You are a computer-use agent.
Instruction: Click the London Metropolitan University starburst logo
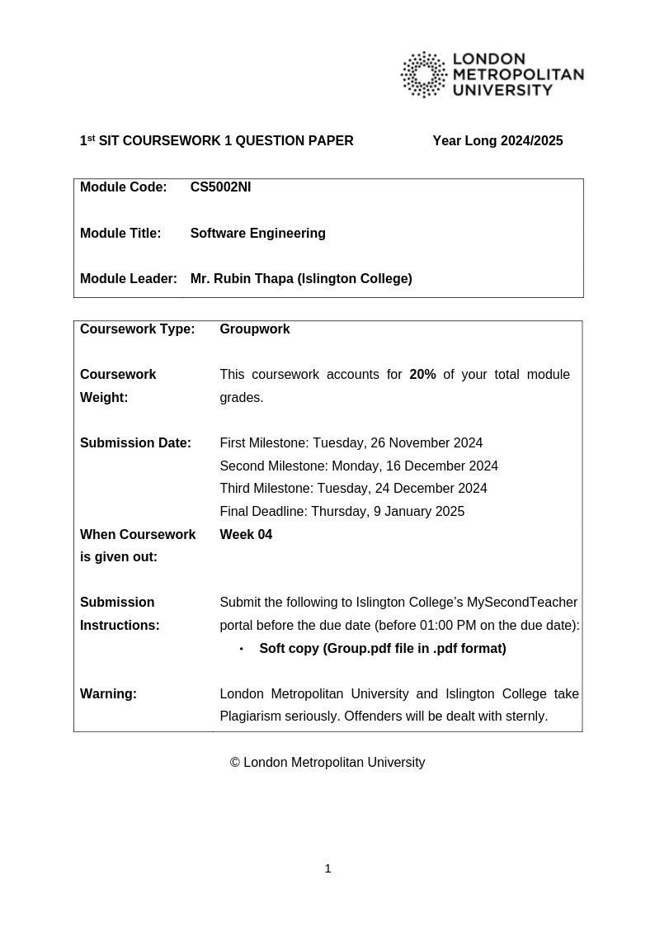424,74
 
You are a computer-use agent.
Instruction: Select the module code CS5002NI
220,187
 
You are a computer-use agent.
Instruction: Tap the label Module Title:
120,234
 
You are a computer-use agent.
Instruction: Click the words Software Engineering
257,234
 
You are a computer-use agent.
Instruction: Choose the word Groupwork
254,329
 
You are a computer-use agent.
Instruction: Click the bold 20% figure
422,375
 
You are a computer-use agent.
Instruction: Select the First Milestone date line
351,443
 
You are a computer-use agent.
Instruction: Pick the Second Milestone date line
358,466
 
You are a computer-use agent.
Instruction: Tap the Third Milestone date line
353,489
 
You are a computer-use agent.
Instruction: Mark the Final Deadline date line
342,512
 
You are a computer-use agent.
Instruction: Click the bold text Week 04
246,535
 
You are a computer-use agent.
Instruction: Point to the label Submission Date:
135,443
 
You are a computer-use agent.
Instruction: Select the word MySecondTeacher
522,603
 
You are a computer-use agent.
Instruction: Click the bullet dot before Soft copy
242,650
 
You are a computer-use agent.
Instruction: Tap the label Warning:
108,694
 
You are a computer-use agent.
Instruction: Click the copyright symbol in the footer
235,763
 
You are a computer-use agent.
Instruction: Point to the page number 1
327,868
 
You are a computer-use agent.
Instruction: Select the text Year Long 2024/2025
497,141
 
